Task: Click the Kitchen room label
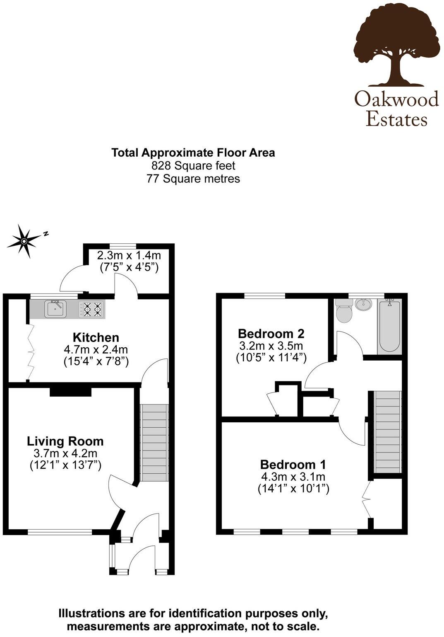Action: tap(96, 337)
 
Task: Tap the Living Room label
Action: tap(65, 441)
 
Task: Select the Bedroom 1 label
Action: tap(293, 464)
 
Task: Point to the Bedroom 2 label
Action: tap(271, 333)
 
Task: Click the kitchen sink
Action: tap(55, 309)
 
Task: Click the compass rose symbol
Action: tap(24, 241)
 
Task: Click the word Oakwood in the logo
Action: tap(396, 99)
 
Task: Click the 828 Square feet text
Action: tap(193, 166)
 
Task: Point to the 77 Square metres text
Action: tap(193, 179)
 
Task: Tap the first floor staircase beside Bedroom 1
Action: tap(388, 431)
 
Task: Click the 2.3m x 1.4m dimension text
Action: tap(129, 255)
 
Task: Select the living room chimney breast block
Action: tap(70, 392)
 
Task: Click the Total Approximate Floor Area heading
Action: tap(193, 153)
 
